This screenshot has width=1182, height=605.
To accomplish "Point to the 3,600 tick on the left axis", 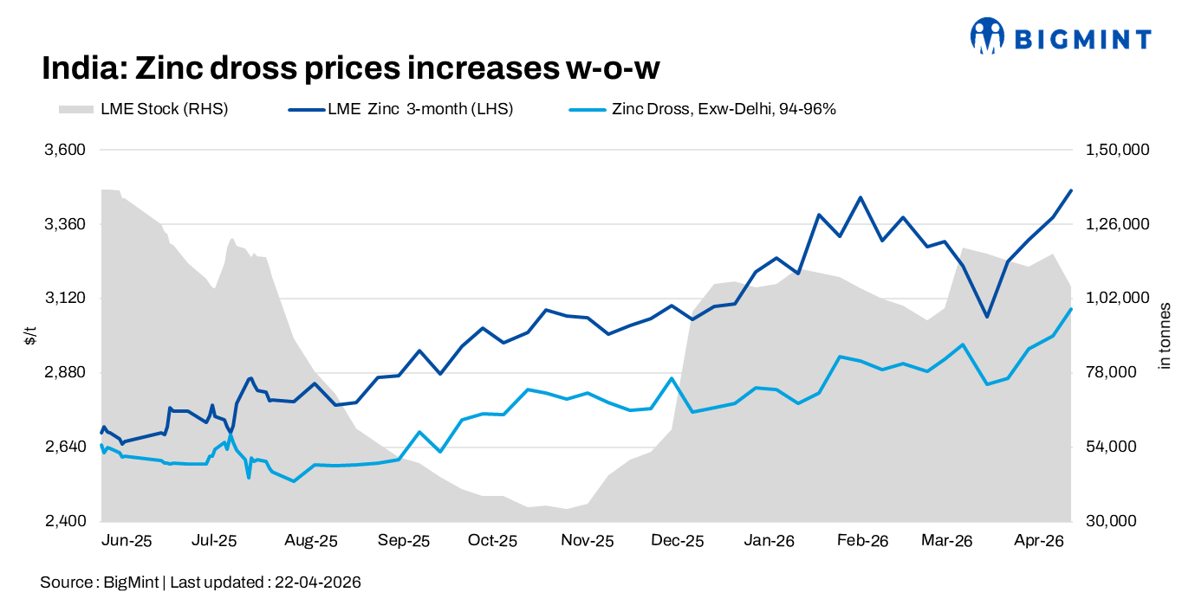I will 66,150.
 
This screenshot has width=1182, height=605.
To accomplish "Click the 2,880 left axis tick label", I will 66,373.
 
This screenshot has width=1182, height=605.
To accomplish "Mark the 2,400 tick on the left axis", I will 66,521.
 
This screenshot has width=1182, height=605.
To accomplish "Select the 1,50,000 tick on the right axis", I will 1117,150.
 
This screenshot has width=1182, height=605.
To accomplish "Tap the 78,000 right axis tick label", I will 1111,373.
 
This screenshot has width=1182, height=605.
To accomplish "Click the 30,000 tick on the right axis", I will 1111,521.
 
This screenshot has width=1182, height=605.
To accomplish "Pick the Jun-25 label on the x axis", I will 127,542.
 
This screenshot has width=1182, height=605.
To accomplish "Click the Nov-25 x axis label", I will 588,542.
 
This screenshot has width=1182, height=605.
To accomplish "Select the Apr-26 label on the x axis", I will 1039,542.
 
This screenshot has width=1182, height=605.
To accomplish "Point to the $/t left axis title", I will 30,336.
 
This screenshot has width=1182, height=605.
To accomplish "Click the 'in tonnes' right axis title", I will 1166,336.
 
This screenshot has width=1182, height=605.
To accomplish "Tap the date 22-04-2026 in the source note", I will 317,582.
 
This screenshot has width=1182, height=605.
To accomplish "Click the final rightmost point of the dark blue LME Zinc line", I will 1072,190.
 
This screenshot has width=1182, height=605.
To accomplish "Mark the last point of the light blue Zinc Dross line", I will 1072,309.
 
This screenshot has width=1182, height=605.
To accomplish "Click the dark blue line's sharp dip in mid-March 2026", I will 986,317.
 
